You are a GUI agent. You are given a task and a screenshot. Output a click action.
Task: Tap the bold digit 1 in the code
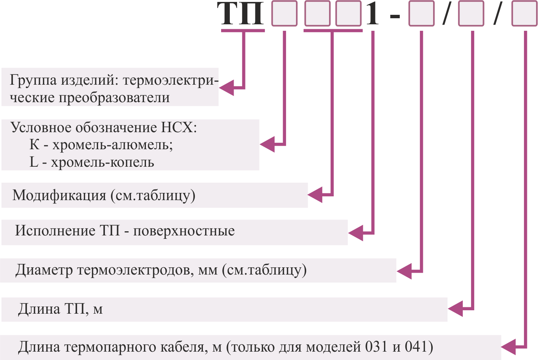pos(372,14)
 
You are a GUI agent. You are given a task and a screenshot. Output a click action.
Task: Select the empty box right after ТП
pos(284,13)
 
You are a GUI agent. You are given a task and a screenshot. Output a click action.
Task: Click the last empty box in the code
pos(524,13)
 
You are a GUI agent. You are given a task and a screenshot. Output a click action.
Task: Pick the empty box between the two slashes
pos(471,13)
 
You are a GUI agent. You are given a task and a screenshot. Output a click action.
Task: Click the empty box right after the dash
pos(421,13)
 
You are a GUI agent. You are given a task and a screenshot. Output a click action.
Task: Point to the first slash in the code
pos(446,13)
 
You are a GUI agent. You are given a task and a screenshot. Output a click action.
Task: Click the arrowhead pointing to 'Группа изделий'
pos(227,88)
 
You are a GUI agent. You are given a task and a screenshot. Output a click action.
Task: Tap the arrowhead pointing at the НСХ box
pos(267,144)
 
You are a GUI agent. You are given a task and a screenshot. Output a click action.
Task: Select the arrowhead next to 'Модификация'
pos(315,195)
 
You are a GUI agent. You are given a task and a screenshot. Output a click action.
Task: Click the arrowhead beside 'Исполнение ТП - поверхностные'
pos(356,233)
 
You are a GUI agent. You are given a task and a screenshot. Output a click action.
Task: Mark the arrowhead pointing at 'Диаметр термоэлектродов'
pos(404,271)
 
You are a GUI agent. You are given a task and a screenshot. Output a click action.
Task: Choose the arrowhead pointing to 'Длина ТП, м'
pos(456,309)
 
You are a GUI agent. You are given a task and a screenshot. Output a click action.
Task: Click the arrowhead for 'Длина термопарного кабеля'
pos(508,347)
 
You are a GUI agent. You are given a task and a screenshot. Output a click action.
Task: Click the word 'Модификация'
pos(59,195)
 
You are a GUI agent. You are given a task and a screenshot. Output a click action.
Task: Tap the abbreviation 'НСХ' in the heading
pos(177,128)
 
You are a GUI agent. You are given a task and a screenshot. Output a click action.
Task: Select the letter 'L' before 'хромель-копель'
pos(34,162)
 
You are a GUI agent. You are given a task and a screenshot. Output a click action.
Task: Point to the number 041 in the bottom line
pos(416,347)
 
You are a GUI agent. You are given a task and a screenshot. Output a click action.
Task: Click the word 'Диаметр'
pos(44,270)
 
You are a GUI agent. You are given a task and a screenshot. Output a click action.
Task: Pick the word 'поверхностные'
pos(184,231)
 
